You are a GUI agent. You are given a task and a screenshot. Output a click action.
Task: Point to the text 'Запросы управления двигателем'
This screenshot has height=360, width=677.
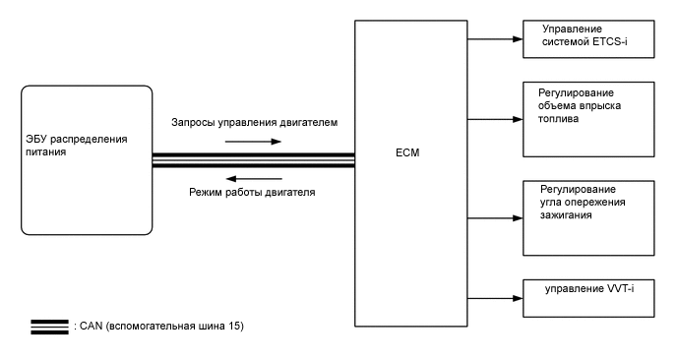[x=254, y=125]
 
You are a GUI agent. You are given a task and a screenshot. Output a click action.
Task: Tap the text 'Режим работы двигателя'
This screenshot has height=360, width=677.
[x=252, y=193]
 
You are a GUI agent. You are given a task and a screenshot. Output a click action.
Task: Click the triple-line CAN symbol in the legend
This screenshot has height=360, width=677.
[x=48, y=326]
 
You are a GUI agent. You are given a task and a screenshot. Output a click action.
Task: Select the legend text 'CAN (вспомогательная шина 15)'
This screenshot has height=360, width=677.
[x=157, y=326]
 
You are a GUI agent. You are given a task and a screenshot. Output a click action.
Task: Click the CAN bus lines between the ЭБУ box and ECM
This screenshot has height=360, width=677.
[x=253, y=159]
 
